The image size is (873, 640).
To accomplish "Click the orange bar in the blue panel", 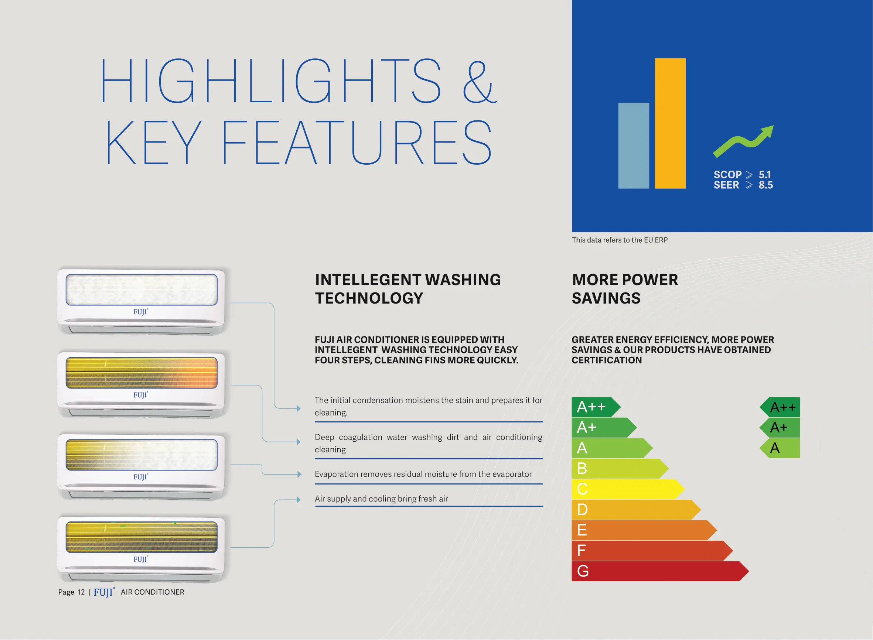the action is point(670,123).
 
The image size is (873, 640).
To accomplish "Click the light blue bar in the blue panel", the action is point(634,146).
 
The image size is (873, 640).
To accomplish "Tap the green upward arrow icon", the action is point(743,141).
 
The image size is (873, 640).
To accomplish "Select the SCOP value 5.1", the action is point(764,175).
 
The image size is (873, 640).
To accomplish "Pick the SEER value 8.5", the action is point(765,185).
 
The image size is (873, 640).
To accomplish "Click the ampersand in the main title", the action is point(480,82).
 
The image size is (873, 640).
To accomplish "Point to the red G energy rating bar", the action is point(660,571).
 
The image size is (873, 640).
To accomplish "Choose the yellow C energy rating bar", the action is point(628,489).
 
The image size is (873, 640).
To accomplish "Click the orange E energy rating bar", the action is point(644,530).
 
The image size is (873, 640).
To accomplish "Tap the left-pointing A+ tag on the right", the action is point(780,428).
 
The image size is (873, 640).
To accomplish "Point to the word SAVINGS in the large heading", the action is point(606,298).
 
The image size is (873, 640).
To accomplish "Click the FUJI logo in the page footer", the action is point(104,592).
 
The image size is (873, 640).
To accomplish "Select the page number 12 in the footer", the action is point(81,592).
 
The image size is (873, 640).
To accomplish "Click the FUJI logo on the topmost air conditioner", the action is point(141,312).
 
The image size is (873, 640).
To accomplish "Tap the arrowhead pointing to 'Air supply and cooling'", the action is point(299,500).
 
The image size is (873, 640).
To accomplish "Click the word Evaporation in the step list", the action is point(335,475).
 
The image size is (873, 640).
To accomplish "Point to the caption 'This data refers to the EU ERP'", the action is point(620,240).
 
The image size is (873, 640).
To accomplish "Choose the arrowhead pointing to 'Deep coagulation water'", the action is point(299,442).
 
